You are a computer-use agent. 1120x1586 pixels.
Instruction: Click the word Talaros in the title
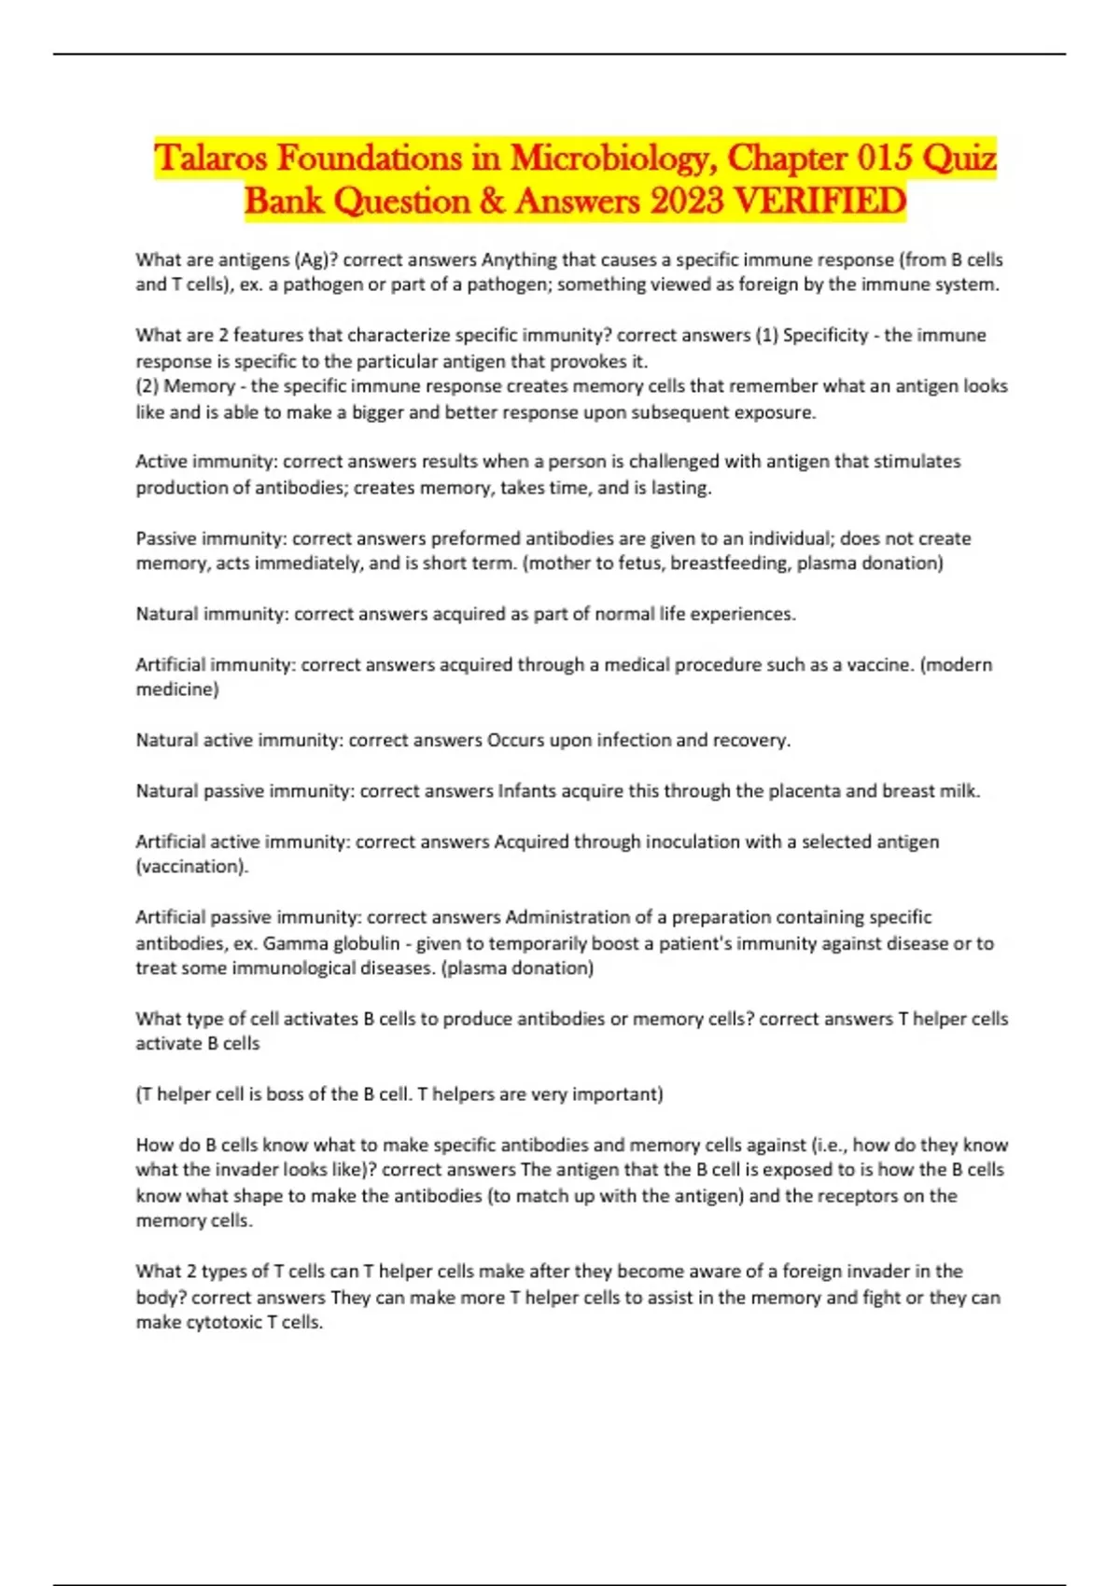(x=212, y=158)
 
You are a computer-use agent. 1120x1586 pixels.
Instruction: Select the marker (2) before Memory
(x=147, y=386)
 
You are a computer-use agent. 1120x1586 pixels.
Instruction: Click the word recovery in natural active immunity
(x=751, y=740)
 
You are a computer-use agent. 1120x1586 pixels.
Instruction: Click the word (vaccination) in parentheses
(x=192, y=867)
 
